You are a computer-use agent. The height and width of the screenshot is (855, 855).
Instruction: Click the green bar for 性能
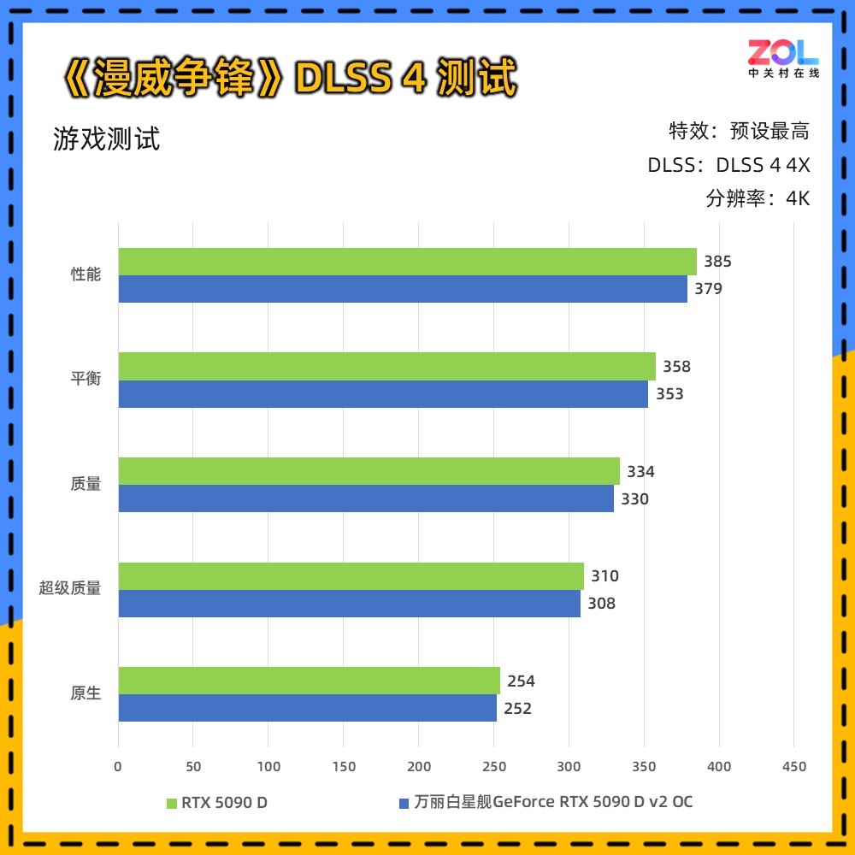[x=407, y=262]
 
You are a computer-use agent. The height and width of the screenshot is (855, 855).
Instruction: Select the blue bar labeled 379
[x=402, y=289]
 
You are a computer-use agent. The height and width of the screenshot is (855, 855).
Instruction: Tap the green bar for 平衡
[x=386, y=366]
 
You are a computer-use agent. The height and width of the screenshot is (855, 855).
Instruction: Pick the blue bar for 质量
[x=366, y=498]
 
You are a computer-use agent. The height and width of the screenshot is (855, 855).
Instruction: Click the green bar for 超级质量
[x=351, y=576]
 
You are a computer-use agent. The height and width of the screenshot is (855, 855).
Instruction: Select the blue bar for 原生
[x=307, y=708]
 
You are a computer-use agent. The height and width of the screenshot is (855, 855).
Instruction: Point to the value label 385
[x=717, y=262]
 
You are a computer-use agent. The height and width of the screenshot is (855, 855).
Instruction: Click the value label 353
[x=669, y=394]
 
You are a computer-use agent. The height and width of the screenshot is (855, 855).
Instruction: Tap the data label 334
[x=640, y=471]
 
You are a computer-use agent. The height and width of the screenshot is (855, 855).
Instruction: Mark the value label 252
[x=517, y=708]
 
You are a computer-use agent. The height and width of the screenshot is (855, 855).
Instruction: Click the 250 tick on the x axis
[x=493, y=766]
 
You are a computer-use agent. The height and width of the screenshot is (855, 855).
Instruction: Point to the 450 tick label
[x=794, y=766]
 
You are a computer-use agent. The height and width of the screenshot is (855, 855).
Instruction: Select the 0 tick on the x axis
[x=118, y=766]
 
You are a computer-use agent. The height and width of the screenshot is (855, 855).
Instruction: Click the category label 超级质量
[x=70, y=588]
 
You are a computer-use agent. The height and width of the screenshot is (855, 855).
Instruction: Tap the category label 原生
[x=85, y=693]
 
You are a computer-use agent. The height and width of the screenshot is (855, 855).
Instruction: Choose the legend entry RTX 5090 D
[x=217, y=802]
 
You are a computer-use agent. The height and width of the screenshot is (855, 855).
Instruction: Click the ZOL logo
[x=783, y=57]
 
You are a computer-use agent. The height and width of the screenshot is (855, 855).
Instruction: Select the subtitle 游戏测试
[x=107, y=139]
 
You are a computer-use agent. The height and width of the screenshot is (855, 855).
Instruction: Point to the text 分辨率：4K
[x=758, y=198]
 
